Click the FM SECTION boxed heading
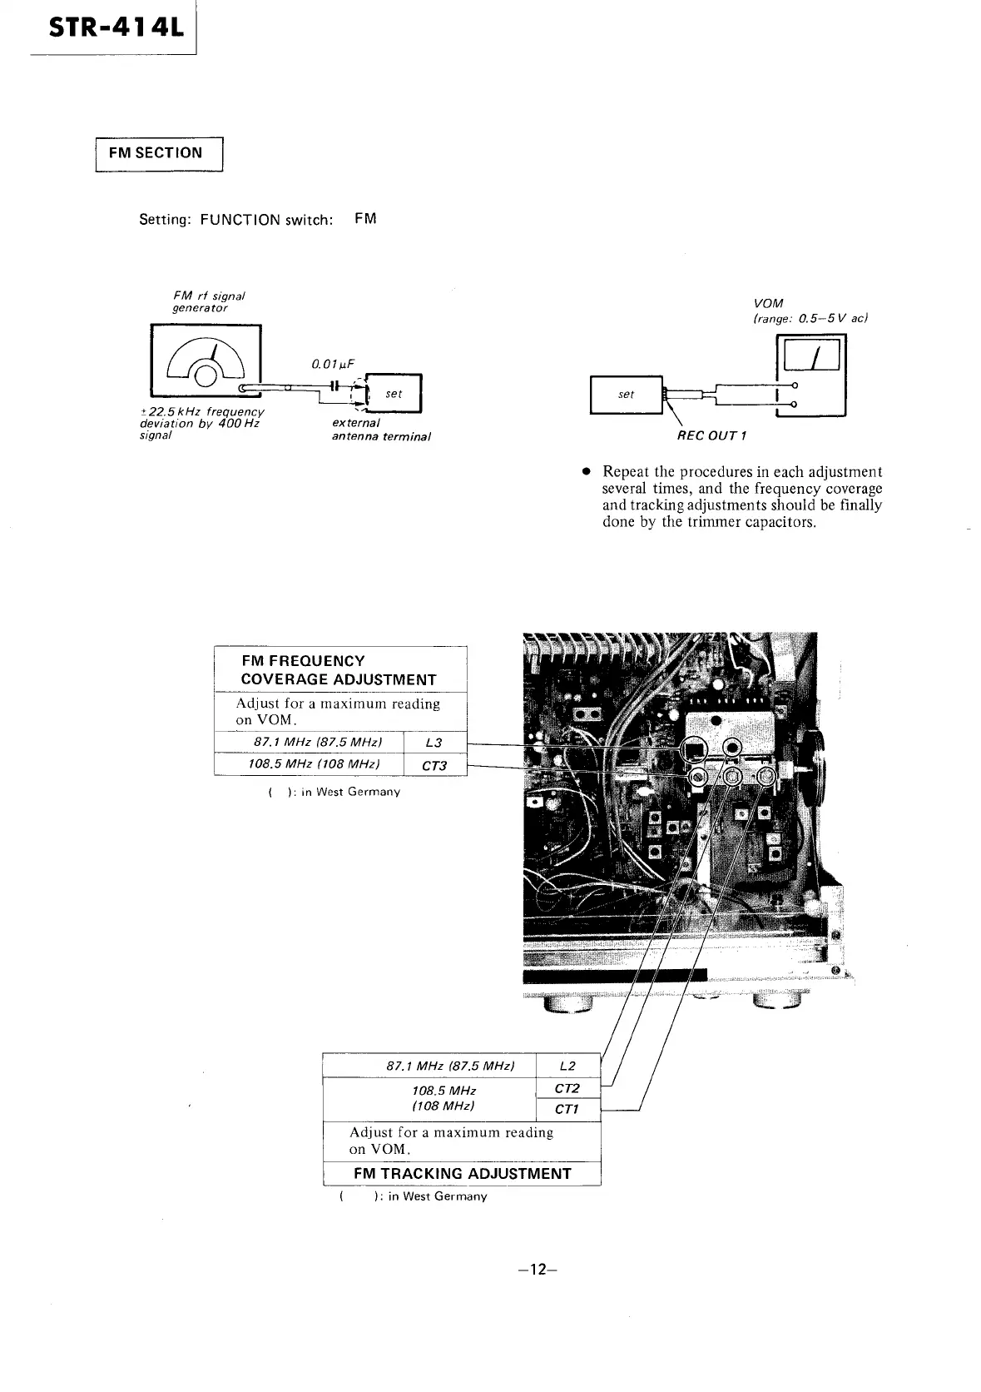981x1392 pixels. [159, 153]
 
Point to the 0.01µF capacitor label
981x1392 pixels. [333, 364]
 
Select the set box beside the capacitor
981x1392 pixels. [394, 394]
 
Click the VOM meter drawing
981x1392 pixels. [810, 375]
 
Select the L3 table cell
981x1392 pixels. [434, 743]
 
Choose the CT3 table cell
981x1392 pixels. [434, 765]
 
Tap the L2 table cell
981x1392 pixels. [567, 1066]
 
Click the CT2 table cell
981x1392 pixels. [567, 1088]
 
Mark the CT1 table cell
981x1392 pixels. [567, 1109]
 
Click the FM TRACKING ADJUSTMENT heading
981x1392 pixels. [462, 1174]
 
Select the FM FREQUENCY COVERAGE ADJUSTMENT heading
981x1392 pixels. [339, 670]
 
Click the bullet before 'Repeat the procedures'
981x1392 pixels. [586, 471]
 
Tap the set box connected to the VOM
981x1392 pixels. [626, 395]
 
